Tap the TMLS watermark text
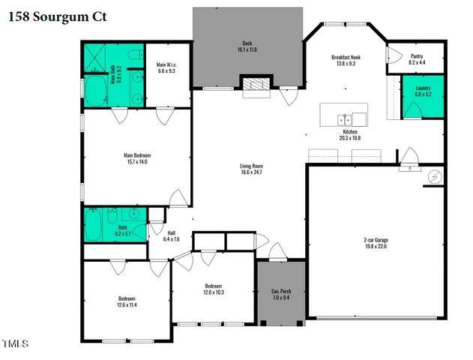pos(15,344)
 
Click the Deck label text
pos(247,43)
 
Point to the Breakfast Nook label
pos(346,57)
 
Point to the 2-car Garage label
pos(376,240)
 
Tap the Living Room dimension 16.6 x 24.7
pos(251,172)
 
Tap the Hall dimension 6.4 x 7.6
pos(172,239)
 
